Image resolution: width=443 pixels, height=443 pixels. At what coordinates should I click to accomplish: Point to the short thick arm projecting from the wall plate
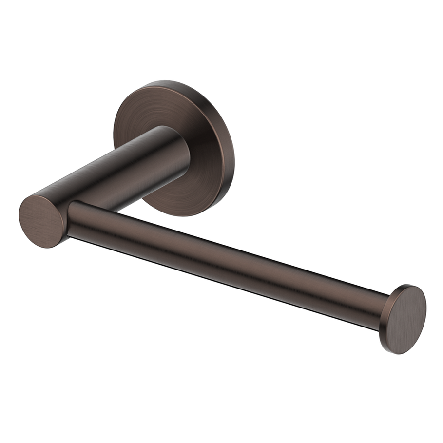(122, 171)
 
